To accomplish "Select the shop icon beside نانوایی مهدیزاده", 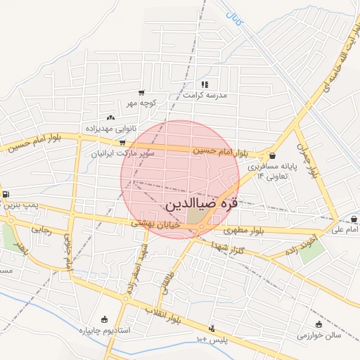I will pos(110,118).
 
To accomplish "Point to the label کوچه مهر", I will pos(141,103).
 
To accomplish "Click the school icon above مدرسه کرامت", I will pos(205,84).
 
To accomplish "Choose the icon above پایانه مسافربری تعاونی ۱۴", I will pos(272,156).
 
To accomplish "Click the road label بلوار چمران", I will pos(307,160).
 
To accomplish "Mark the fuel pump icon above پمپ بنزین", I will pos(6,195).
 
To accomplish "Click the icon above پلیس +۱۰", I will pos(211,328).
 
